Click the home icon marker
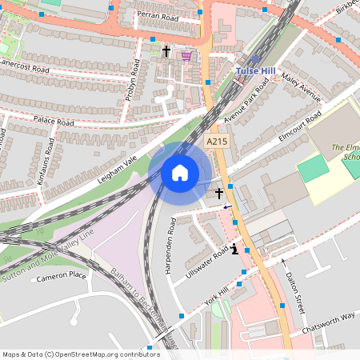pyautogui.click(x=180, y=172)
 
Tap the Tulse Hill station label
pyautogui.click(x=257, y=71)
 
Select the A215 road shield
pyautogui.click(x=216, y=142)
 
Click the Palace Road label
pyautogui.click(x=54, y=122)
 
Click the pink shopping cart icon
pyautogui.click(x=186, y=55)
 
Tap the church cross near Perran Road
pyautogui.click(x=166, y=51)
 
